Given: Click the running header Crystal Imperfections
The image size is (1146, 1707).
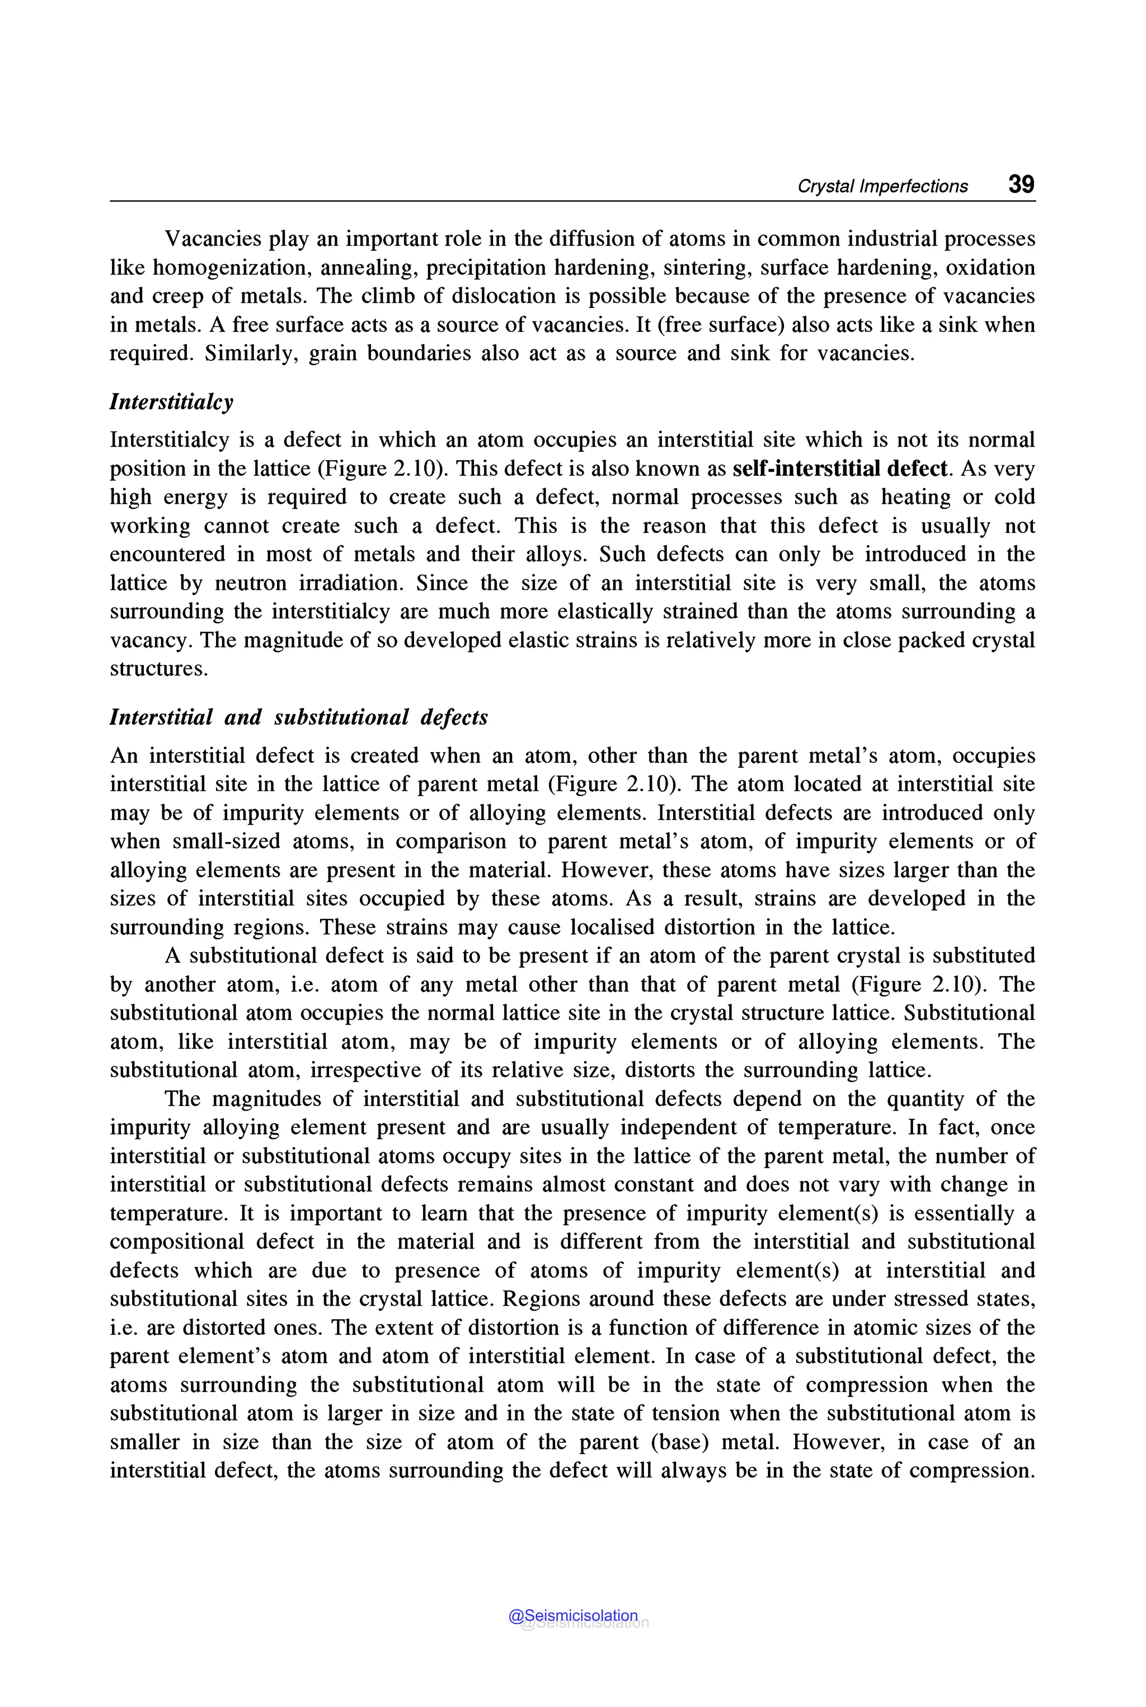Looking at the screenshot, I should coord(882,186).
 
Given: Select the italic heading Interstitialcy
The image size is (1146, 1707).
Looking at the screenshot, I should coord(171,402).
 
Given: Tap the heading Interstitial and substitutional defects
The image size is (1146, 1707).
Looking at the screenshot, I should coord(298,717).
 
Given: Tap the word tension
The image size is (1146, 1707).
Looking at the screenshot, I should coord(685,1414).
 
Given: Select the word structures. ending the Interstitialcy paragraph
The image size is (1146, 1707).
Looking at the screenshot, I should coord(158,669).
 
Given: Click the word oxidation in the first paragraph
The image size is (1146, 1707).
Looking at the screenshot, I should coord(990,268).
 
